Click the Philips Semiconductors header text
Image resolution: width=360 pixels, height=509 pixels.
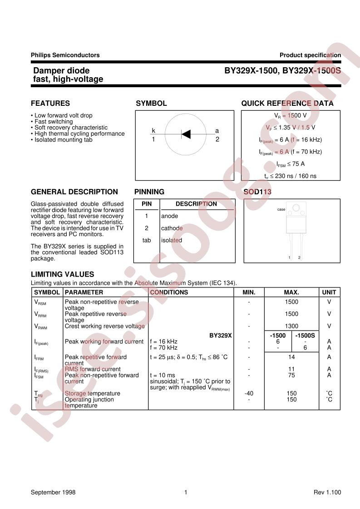click(x=65, y=55)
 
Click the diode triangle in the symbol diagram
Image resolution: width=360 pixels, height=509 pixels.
click(x=186, y=133)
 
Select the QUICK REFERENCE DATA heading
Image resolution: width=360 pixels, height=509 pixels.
click(x=287, y=104)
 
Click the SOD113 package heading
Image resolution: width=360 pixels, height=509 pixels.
click(x=257, y=192)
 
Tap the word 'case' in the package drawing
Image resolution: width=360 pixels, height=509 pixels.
click(x=281, y=209)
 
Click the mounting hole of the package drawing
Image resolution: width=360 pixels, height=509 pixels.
click(x=296, y=209)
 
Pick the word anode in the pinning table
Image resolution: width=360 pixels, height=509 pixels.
click(x=170, y=216)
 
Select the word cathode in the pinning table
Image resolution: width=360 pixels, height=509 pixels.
click(x=172, y=228)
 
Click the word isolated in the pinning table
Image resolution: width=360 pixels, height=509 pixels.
click(x=172, y=240)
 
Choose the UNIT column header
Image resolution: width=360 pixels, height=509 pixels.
click(x=329, y=292)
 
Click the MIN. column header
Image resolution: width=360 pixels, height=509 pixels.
click(x=249, y=292)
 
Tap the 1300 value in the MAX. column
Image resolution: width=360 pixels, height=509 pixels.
click(x=291, y=326)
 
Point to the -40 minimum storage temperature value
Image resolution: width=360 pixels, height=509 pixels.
click(x=249, y=394)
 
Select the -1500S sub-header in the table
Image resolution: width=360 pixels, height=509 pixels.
click(x=306, y=336)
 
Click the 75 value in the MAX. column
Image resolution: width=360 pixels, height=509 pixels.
click(x=291, y=376)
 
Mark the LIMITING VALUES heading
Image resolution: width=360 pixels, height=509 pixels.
click(x=62, y=274)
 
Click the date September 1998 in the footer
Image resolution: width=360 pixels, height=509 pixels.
click(x=53, y=492)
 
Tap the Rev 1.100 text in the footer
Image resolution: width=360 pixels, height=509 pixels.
click(x=327, y=492)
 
